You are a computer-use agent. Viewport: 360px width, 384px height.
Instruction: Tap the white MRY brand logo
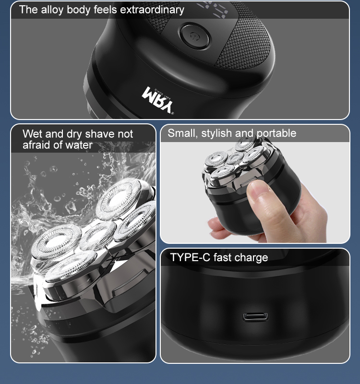158,100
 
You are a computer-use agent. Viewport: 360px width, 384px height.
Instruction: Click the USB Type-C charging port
255,316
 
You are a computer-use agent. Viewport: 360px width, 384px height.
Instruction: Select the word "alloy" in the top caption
52,10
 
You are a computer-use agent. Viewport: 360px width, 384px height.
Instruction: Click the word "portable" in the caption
276,133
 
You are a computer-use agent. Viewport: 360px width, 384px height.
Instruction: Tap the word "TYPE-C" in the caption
190,257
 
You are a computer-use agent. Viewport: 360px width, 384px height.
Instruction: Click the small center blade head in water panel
98,236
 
